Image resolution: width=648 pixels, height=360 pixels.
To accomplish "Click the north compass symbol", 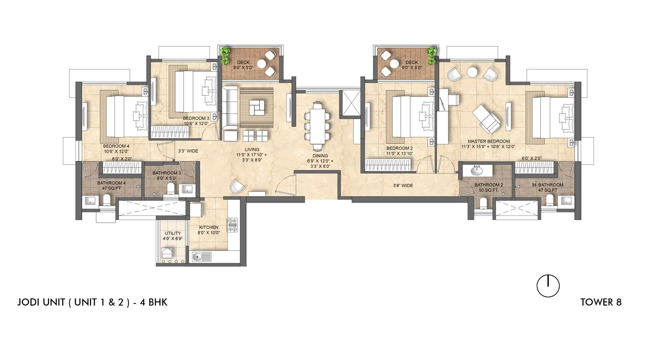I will (x=548, y=286).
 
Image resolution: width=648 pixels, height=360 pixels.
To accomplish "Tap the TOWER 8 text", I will (x=601, y=302).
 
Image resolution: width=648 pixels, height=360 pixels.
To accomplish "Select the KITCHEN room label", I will (x=209, y=227).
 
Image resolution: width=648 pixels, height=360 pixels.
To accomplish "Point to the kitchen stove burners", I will (x=233, y=225).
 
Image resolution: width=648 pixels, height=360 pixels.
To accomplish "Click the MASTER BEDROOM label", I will (x=489, y=141).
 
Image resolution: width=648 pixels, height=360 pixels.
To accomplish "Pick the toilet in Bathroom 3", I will (x=170, y=189).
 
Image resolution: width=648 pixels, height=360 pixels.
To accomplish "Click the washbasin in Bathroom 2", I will (x=476, y=170).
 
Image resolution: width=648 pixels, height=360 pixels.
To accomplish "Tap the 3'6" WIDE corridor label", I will (x=403, y=186).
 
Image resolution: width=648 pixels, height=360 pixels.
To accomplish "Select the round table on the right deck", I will (x=394, y=64).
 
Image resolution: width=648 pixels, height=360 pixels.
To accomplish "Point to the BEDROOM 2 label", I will (x=399, y=148).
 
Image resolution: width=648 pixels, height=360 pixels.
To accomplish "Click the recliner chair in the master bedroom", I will (x=486, y=119).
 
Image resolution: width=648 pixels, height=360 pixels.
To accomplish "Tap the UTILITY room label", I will (x=173, y=233).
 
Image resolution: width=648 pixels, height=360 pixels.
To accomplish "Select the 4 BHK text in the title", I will (x=154, y=302).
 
